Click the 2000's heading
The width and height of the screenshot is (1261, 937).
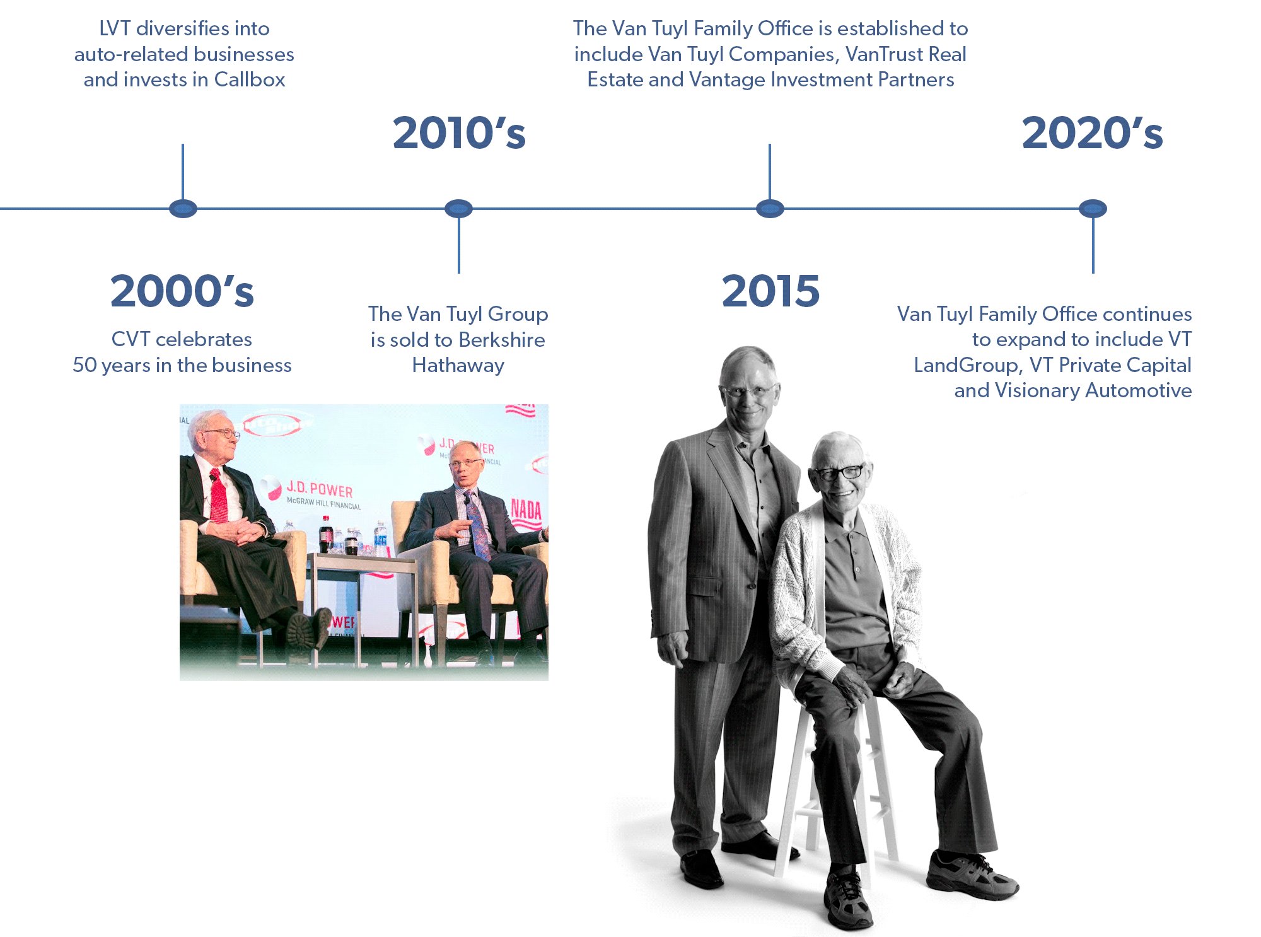(x=182, y=291)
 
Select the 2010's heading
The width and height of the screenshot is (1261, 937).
(x=459, y=133)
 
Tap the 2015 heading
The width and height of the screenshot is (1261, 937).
(x=770, y=291)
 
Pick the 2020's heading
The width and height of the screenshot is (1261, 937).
(x=1092, y=133)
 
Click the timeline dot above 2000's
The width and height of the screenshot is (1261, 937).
(x=183, y=208)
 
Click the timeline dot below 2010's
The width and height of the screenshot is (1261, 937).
(x=458, y=208)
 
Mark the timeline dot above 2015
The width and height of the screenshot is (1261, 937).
(x=770, y=208)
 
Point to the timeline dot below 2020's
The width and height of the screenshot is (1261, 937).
(x=1093, y=208)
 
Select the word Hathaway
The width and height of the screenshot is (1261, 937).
(x=458, y=366)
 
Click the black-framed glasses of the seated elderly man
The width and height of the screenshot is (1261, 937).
(x=839, y=472)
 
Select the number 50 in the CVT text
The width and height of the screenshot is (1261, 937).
(x=84, y=366)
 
